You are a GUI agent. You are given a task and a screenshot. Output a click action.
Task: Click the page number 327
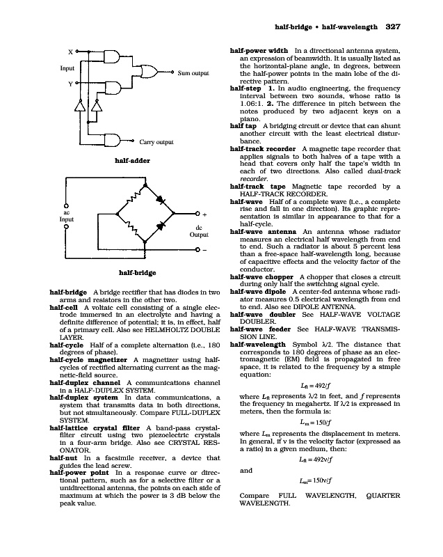pyautogui.click(x=394, y=28)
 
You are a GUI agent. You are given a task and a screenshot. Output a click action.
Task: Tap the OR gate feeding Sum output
pyautogui.click(x=150, y=72)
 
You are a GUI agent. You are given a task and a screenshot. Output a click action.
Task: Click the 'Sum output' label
pyautogui.click(x=193, y=72)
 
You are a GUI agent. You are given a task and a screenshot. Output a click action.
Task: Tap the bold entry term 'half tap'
pyautogui.click(x=244, y=126)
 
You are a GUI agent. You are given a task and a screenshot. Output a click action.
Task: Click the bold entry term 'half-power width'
pyautogui.click(x=259, y=51)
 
